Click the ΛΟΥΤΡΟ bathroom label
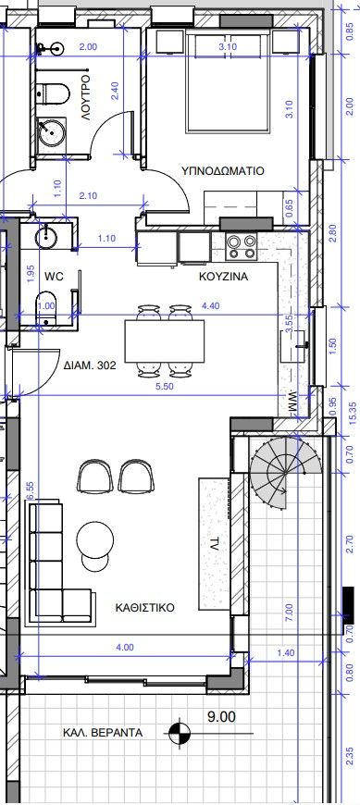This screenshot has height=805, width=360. [86, 97]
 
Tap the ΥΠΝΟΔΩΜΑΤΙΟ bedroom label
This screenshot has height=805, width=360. [222, 170]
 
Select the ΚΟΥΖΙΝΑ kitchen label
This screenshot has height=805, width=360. [223, 277]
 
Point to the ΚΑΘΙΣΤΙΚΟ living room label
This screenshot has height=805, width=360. [144, 608]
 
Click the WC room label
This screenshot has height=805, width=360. [54, 277]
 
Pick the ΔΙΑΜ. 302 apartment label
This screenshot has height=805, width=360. [91, 366]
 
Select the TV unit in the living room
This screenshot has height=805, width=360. [214, 544]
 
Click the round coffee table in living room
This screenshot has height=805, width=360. [95, 540]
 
